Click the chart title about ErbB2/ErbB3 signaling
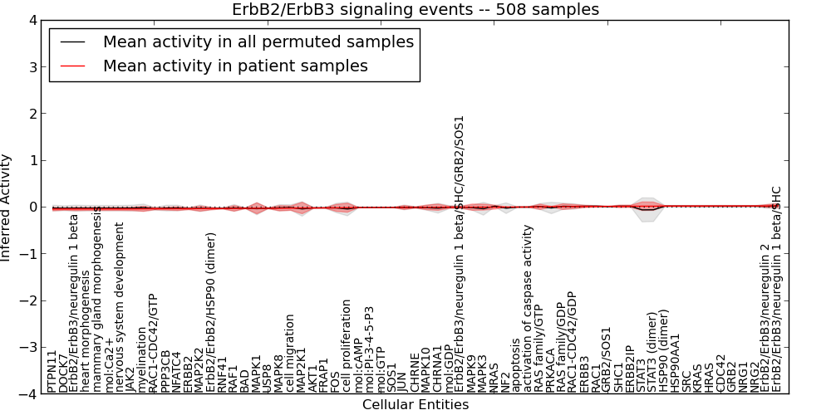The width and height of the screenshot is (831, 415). (415, 9)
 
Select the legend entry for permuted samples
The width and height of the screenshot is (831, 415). (258, 41)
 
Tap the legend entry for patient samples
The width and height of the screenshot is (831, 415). (235, 66)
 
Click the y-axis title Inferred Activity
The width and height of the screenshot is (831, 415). (7, 207)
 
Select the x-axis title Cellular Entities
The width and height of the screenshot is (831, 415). (415, 405)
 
